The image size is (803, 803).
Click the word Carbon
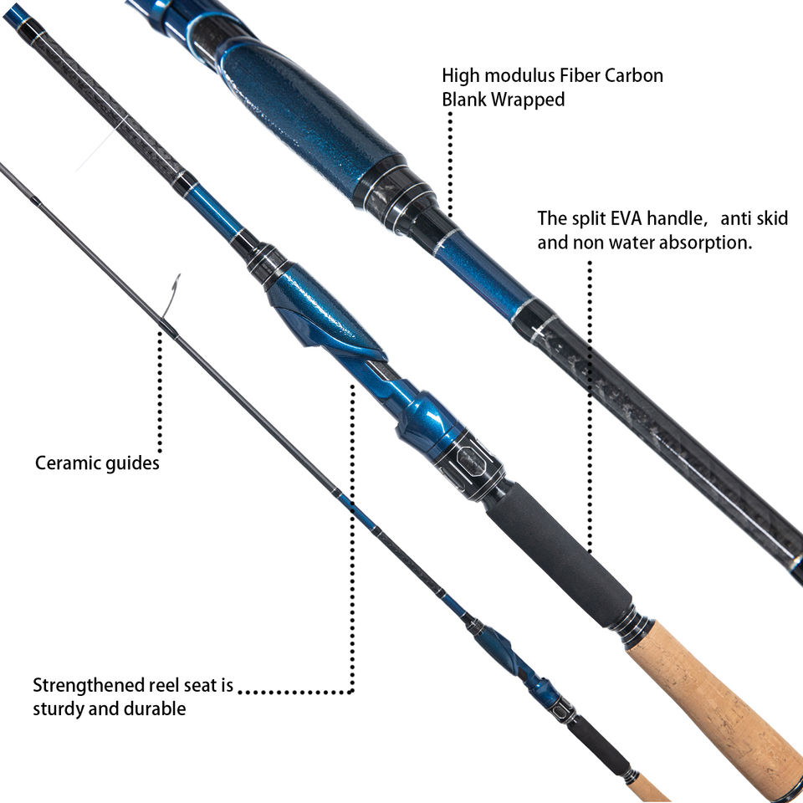click(635, 75)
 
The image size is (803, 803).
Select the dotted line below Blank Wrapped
click(450, 163)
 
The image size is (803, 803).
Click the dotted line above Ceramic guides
click(159, 393)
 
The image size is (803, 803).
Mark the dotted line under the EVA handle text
click(590, 401)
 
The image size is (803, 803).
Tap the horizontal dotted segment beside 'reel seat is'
click(297, 692)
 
